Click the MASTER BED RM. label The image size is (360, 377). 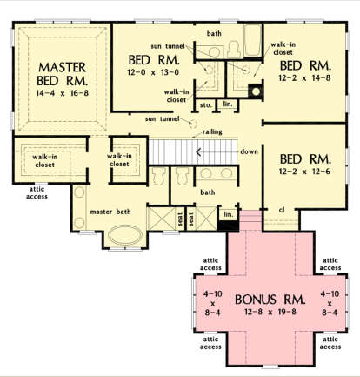(62, 74)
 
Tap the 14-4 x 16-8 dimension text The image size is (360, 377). (62, 93)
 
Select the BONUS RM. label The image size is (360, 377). (270, 300)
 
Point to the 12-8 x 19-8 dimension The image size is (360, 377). (270, 312)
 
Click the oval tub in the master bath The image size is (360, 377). (125, 235)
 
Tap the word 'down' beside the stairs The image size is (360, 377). (249, 151)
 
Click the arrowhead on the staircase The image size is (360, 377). (199, 151)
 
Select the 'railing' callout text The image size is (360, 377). (212, 132)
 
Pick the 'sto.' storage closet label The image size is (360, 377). (205, 105)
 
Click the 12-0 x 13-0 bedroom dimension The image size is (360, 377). (153, 72)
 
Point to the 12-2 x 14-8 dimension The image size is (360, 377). (304, 77)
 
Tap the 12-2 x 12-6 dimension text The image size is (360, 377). (304, 172)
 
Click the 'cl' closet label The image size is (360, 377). (282, 209)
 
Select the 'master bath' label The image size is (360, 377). (110, 212)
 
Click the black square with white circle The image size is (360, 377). (256, 91)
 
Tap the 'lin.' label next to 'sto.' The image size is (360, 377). (228, 104)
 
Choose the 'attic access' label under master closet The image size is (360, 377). (37, 192)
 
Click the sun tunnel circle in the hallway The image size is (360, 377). (192, 125)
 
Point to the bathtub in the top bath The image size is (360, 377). (253, 40)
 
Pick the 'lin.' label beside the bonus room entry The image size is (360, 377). (229, 214)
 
